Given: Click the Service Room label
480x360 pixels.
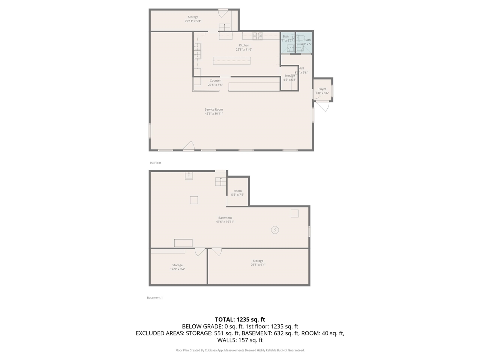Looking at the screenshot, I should (214, 111).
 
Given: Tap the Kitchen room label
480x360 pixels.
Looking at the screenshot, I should (244, 47).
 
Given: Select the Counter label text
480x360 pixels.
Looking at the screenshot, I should (215, 82).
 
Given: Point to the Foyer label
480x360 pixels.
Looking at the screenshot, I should (322, 91).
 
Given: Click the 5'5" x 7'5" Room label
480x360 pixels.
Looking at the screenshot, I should (238, 193).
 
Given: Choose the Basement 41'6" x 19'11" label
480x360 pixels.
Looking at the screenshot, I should (225, 220).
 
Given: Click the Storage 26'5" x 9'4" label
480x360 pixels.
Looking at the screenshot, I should (258, 262).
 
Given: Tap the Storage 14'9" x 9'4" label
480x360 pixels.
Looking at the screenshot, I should (177, 267).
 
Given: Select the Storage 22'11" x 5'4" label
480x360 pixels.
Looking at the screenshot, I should (193, 19).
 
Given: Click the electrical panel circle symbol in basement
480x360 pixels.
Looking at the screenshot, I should (275, 230).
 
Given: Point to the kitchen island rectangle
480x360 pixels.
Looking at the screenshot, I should (231, 61).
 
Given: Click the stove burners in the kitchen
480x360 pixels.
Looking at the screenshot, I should (257, 36).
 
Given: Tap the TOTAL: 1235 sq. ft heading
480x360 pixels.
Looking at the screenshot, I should (240, 319).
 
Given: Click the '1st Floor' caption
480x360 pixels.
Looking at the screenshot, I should (155, 163).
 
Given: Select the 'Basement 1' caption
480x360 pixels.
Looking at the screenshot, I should (154, 298).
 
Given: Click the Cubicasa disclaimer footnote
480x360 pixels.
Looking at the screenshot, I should (240, 350).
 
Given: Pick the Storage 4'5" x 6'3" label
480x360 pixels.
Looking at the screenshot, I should (289, 78).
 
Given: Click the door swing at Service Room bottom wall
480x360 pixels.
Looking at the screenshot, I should (189, 146).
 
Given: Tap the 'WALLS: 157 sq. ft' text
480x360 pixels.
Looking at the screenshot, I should (240, 340).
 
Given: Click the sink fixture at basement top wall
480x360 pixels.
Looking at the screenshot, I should (189, 176).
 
